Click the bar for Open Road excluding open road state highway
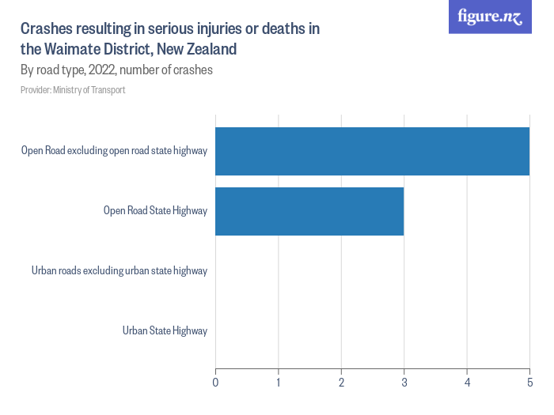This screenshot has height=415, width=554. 372,151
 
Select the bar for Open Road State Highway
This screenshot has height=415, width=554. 309,211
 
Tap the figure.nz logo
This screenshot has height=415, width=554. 490,17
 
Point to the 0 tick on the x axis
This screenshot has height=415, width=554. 216,383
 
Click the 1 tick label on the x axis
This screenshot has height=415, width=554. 279,383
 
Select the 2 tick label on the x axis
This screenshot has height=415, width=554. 341,383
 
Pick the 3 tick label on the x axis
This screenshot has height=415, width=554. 404,383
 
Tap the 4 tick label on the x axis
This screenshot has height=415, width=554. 467,383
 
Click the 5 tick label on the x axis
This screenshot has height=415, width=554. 529,383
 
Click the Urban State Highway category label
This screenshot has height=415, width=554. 165,330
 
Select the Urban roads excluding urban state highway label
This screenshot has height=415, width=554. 120,270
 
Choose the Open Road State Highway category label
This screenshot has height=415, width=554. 155,210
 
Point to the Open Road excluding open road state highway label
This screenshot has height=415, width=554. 114,150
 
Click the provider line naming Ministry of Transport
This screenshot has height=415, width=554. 73,90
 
